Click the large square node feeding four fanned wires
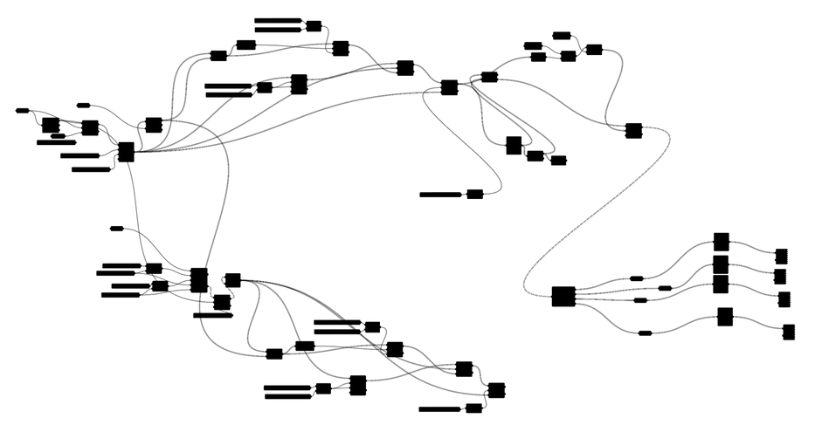(x=563, y=297)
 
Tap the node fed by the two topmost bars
(x=314, y=26)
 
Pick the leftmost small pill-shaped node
(x=23, y=111)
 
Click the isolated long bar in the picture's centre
(x=441, y=195)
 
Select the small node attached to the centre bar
(x=474, y=194)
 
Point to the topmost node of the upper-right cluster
(x=562, y=36)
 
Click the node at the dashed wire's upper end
(x=633, y=131)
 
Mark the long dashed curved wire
(x=603, y=218)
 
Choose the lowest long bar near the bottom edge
(x=439, y=409)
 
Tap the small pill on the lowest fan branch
(x=645, y=333)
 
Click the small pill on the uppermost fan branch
(x=637, y=278)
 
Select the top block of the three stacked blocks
(x=721, y=242)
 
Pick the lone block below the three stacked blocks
(x=725, y=317)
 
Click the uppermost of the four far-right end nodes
(x=781, y=256)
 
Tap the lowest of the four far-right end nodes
(x=789, y=332)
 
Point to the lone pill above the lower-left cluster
(x=117, y=229)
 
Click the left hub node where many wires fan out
(x=126, y=152)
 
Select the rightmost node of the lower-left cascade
(x=496, y=390)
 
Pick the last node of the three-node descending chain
(x=558, y=161)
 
